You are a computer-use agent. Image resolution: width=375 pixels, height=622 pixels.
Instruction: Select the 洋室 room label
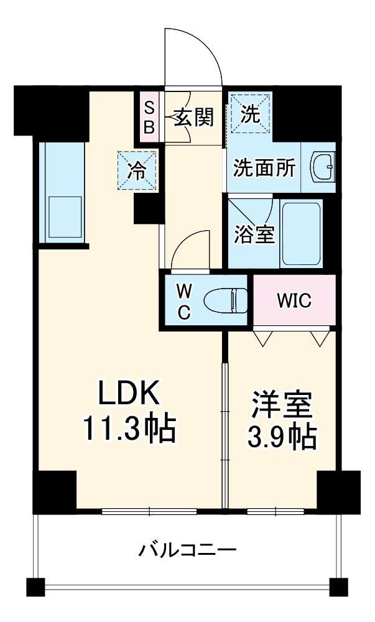point(282,405)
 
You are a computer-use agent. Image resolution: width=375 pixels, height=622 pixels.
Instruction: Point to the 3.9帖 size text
point(282,437)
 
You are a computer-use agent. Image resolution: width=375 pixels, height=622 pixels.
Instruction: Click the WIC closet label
point(294,301)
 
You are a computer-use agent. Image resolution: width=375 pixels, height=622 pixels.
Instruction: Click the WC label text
point(184,301)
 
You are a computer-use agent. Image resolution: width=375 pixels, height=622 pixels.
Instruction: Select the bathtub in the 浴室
point(302,233)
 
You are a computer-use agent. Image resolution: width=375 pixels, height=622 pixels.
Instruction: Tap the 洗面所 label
point(264,169)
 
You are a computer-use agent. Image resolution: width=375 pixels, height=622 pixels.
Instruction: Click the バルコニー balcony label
point(187,550)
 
